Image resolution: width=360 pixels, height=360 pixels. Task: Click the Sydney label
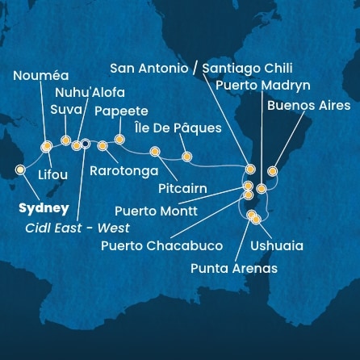tap(42, 207)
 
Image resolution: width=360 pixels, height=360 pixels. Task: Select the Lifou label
tap(53, 174)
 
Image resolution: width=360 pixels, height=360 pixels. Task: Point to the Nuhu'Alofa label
tap(99, 93)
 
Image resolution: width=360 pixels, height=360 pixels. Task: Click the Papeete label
tap(122, 111)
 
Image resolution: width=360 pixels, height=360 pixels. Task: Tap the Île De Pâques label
tap(180, 128)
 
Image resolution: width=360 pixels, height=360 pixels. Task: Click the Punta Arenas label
tap(233, 269)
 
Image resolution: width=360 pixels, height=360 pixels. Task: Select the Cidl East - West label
tap(77, 228)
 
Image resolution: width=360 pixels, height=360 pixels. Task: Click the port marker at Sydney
tap(20, 170)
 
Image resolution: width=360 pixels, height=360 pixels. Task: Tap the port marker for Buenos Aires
tap(272, 171)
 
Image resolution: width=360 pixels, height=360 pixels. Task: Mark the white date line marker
tap(86, 145)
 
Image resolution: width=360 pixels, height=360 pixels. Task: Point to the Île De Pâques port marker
tap(187, 157)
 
